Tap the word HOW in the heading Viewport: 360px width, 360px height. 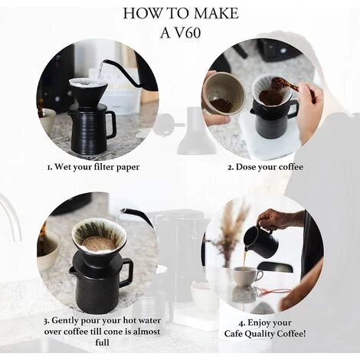coord(142,13)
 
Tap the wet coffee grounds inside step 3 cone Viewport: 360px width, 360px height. coord(98,243)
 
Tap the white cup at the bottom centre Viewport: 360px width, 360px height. coord(202,294)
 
